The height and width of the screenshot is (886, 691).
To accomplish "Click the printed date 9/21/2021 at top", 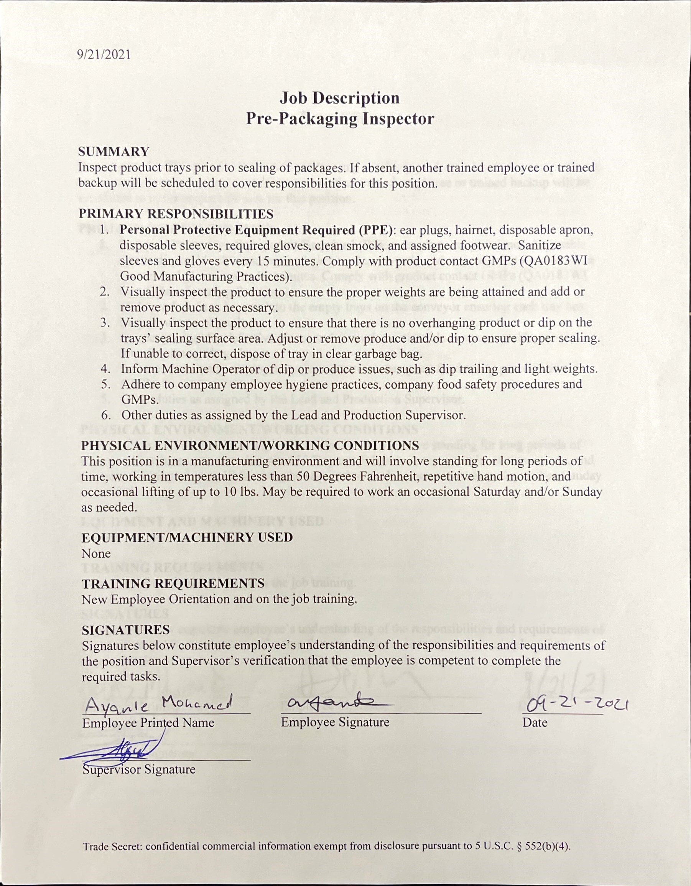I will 104,54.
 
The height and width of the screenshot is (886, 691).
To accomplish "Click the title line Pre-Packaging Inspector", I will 340,119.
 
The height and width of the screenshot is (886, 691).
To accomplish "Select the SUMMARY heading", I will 114,152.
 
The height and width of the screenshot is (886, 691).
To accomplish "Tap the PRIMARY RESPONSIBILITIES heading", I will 176,214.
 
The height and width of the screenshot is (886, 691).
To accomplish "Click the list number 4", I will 105,369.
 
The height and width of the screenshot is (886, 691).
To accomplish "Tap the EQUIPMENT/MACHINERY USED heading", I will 187,537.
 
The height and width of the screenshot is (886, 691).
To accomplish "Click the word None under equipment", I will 96,553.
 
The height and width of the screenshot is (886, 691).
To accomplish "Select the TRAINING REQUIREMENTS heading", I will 173,584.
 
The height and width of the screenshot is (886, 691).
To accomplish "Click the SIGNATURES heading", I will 125,630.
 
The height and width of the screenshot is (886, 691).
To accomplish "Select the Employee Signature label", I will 335,722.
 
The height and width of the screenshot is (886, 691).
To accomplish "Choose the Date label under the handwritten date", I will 535,723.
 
